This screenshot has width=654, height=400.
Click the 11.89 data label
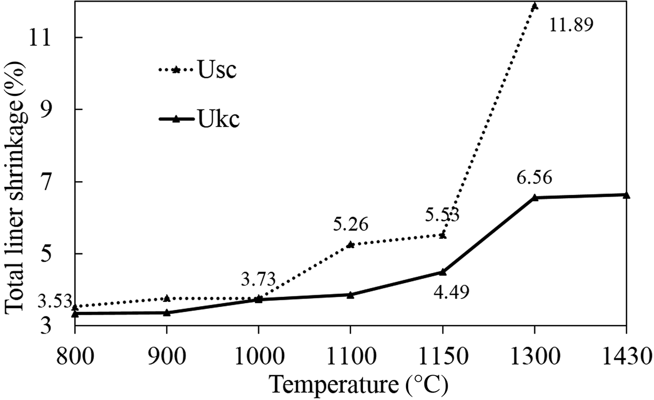click(x=571, y=25)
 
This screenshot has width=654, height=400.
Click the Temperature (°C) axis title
click(x=358, y=386)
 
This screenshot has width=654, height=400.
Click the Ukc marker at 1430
click(x=626, y=195)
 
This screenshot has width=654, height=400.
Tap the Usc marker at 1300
click(x=534, y=6)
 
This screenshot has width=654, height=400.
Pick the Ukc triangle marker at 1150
click(x=442, y=271)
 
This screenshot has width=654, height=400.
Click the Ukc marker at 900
click(x=167, y=313)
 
